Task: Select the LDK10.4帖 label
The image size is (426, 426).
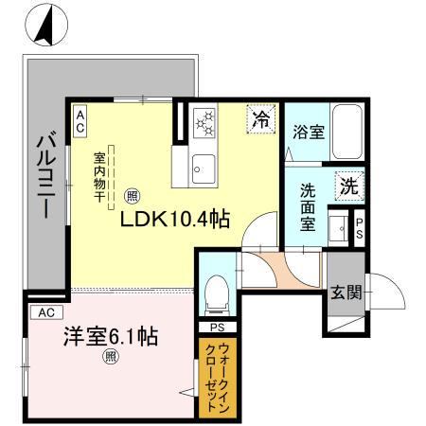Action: (x=173, y=219)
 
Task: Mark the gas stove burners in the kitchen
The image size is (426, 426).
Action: (x=205, y=122)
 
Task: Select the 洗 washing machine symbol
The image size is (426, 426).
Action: (x=348, y=186)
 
